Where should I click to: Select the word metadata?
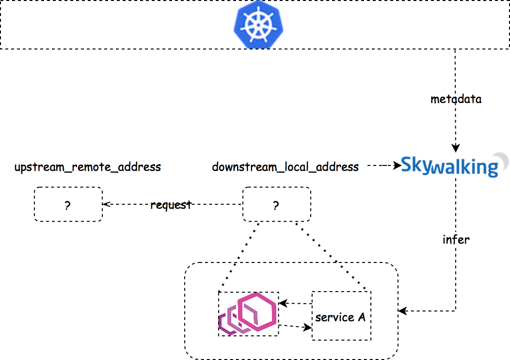(456, 99)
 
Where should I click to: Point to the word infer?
(456, 239)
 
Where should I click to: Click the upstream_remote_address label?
(87, 167)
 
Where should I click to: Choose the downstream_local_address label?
(286, 167)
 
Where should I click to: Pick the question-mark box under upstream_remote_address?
(68, 205)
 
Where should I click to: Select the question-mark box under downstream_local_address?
(276, 205)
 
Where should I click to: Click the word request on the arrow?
(171, 205)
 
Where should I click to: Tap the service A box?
(341, 316)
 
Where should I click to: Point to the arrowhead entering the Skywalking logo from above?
(456, 148)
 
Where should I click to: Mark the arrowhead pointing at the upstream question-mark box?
(106, 205)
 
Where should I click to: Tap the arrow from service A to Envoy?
(295, 304)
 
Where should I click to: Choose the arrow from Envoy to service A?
(295, 327)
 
